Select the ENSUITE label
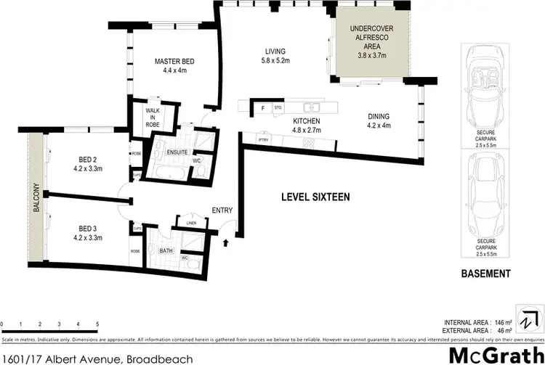177,153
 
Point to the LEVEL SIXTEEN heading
317,197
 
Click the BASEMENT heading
486,274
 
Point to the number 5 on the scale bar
97,324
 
